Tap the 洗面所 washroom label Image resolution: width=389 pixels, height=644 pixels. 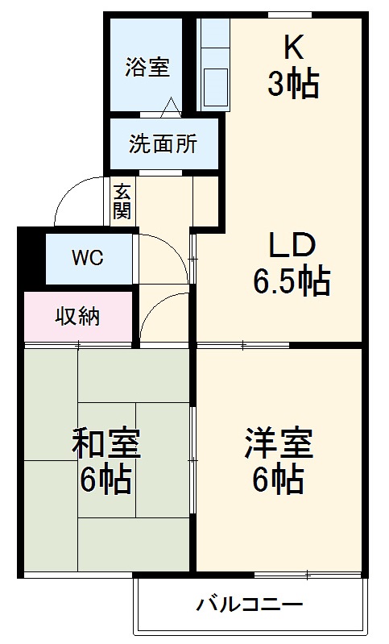[163, 144]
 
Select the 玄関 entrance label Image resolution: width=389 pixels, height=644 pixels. [122, 201]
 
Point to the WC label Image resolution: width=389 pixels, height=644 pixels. [87, 258]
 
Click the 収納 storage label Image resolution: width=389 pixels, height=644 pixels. [77, 317]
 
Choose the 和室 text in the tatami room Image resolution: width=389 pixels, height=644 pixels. [107, 443]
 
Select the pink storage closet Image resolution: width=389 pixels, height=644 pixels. [77, 317]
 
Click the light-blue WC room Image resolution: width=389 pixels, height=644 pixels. [87, 258]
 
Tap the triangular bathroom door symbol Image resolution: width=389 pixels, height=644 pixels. [170, 107]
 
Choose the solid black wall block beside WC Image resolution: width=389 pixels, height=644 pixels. [30, 258]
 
